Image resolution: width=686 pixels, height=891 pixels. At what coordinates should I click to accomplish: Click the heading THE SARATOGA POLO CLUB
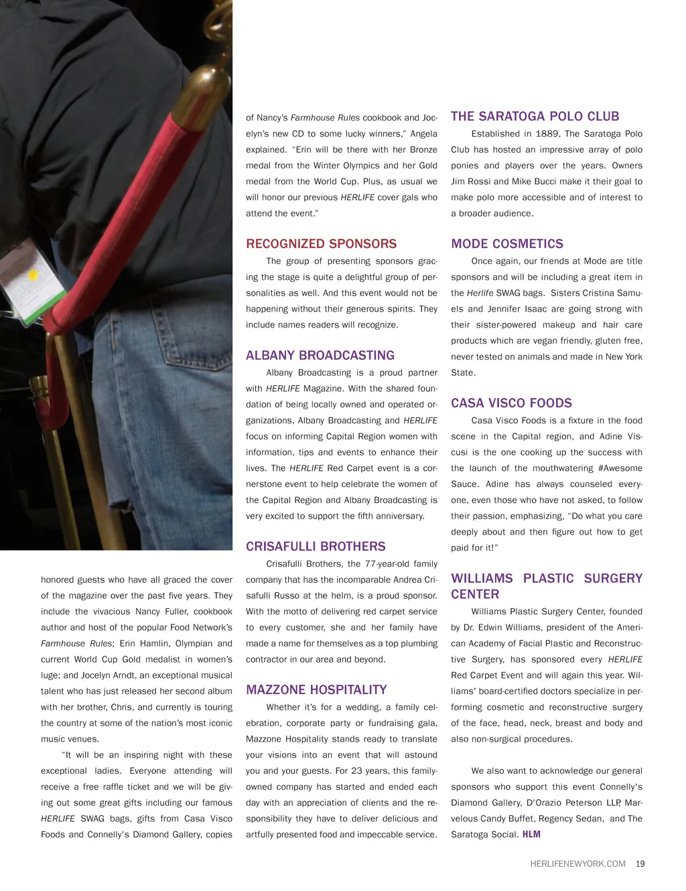tap(535, 117)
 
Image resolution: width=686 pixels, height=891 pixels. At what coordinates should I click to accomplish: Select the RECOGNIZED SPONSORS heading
tap(321, 244)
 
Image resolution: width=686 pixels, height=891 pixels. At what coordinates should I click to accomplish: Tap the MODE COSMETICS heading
tap(506, 244)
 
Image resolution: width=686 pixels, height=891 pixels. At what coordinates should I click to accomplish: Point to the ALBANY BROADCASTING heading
tap(320, 356)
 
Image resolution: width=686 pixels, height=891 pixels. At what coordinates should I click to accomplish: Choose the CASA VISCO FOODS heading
tap(511, 403)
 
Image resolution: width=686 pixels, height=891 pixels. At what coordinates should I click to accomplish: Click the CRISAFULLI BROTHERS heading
tap(316, 547)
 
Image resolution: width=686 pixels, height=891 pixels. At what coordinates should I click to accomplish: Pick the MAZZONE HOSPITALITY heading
tap(316, 690)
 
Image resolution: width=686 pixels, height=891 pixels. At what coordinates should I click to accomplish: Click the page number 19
tap(640, 864)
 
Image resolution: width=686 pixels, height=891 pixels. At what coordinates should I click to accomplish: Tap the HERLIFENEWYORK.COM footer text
tap(577, 864)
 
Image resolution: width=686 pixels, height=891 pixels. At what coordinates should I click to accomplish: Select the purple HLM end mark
tap(531, 835)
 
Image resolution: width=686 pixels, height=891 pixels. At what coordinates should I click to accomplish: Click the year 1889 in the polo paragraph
tap(547, 134)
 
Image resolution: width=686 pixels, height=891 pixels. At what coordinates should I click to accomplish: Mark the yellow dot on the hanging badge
tap(33, 275)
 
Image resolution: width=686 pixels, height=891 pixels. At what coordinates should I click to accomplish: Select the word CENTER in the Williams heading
tap(475, 594)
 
